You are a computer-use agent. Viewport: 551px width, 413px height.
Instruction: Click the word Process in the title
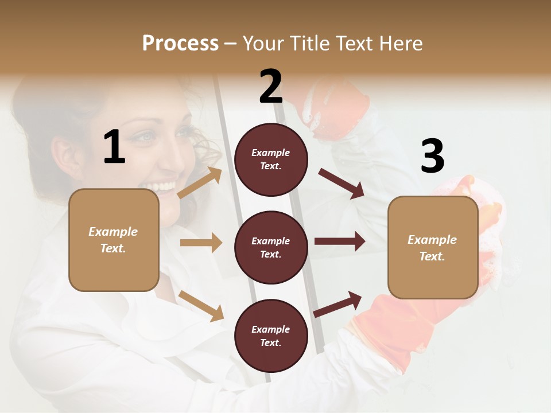point(180,44)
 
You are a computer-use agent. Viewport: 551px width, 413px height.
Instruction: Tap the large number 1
point(114,147)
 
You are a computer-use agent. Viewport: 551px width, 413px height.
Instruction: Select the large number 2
point(270,87)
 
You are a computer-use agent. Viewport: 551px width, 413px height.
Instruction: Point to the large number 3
point(432,156)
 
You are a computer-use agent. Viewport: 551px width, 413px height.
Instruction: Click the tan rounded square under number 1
point(114,240)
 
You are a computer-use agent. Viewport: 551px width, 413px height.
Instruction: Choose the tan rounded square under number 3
point(433,248)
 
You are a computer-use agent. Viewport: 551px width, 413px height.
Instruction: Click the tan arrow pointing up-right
point(200,183)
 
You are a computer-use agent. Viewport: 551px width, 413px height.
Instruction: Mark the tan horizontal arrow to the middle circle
point(201,243)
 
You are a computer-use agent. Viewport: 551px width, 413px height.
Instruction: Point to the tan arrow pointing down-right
point(201,306)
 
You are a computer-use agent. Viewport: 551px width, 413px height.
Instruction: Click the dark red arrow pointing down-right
point(342,184)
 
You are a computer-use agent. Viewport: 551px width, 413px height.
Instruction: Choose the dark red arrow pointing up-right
point(338,304)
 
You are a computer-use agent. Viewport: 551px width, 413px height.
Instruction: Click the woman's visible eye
point(146,137)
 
